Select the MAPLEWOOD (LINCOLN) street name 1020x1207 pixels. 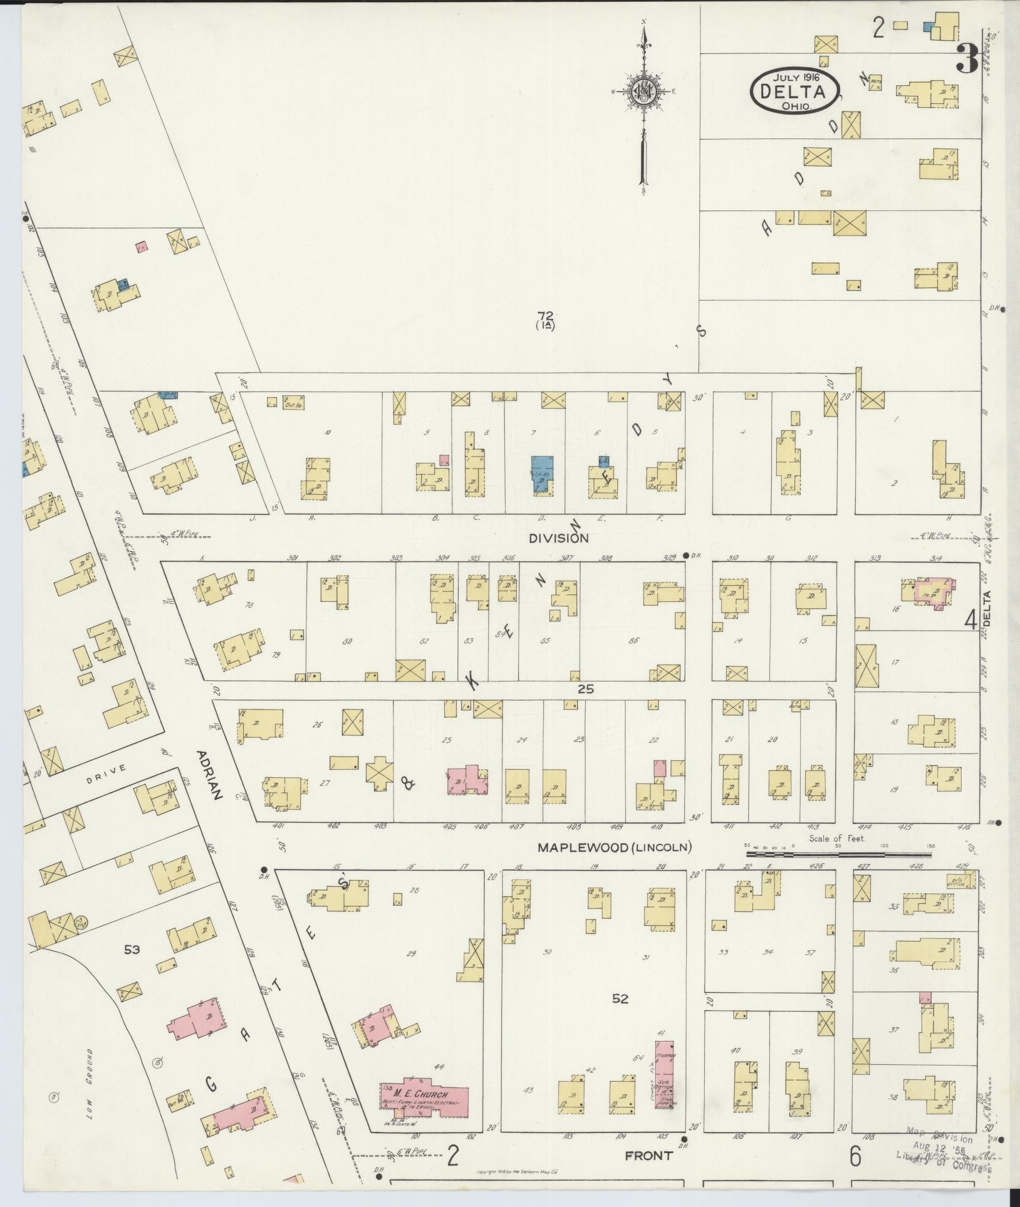click(615, 847)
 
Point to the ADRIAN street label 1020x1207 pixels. click(209, 775)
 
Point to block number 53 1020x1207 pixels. click(132, 967)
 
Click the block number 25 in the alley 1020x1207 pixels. click(585, 689)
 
